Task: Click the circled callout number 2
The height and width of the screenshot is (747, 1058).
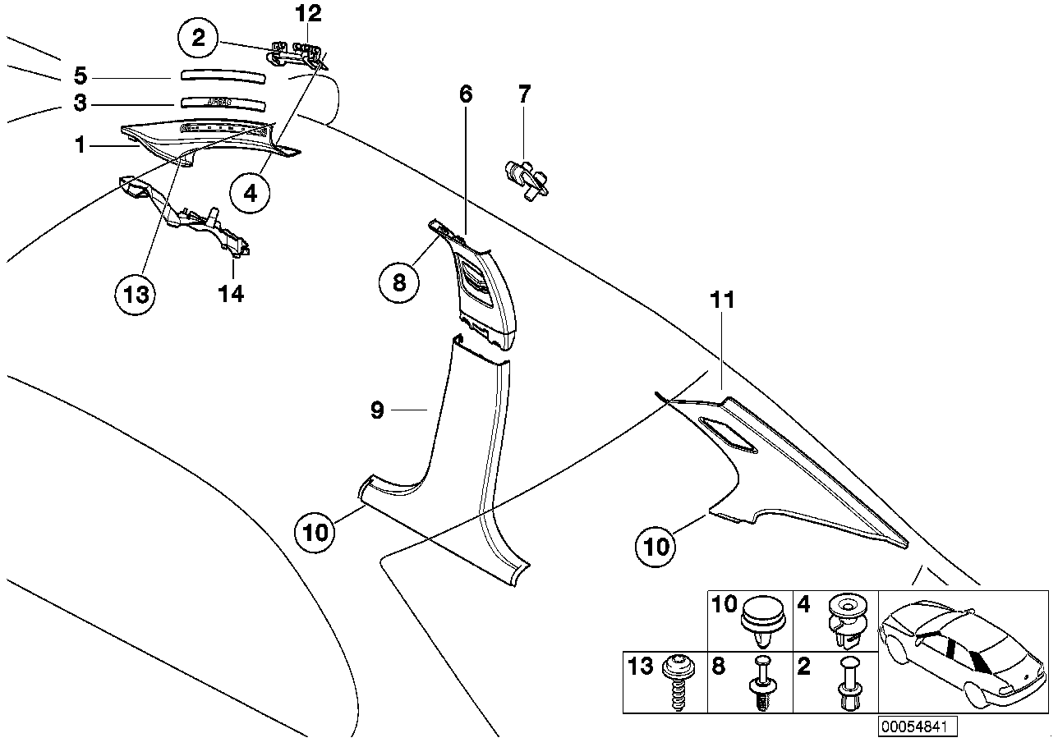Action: coord(198,38)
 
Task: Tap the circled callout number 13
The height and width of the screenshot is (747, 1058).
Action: coord(136,294)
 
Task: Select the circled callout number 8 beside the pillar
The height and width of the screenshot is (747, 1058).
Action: coord(399,282)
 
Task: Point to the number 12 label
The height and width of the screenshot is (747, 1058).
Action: coord(310,14)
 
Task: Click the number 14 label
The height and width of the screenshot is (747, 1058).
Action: coord(231,293)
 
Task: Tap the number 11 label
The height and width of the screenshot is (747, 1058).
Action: coord(724,301)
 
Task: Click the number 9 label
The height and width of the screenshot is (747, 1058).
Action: coord(377,410)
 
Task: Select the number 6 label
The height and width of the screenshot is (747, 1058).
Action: coord(466,94)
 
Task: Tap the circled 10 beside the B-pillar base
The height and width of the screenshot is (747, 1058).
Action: coord(315,532)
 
